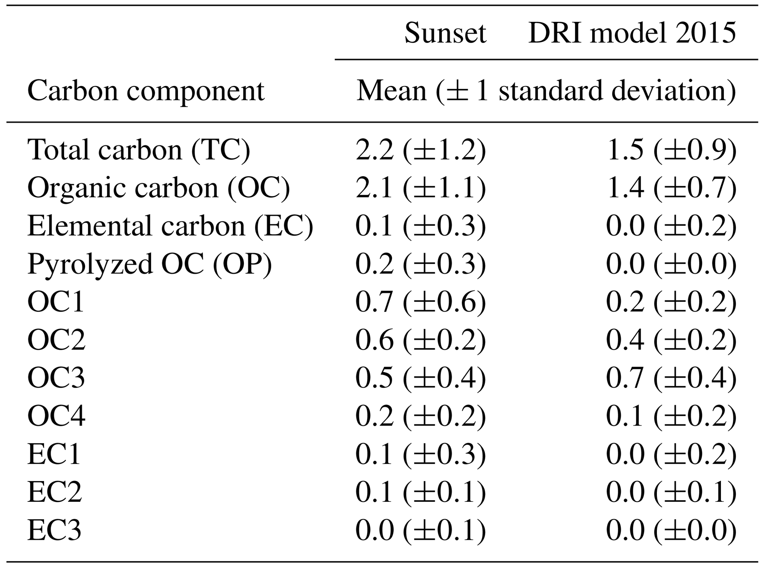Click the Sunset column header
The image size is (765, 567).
tap(445, 33)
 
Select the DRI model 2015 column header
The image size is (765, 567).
tap(632, 33)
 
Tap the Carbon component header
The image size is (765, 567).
tap(146, 91)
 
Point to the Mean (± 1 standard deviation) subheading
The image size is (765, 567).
tap(546, 91)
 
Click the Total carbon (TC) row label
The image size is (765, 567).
tap(139, 150)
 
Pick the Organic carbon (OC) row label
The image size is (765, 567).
tap(158, 188)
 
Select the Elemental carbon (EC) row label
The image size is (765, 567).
tap(170, 226)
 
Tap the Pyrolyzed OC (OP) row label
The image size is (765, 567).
tap(150, 264)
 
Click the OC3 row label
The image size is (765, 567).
tap(56, 378)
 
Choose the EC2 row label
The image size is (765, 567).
tap(54, 492)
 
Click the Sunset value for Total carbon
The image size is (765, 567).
tap(420, 150)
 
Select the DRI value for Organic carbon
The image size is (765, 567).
tap(671, 188)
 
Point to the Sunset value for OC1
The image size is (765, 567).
tap(420, 302)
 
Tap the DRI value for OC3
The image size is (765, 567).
tap(671, 378)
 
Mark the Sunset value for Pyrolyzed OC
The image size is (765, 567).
tap(420, 264)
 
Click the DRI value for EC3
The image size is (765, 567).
tap(671, 530)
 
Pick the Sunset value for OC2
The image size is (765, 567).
tap(420, 340)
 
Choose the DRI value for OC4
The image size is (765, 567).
tap(671, 416)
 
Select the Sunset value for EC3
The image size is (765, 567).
tap(420, 530)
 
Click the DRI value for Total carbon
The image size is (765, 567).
tap(671, 150)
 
